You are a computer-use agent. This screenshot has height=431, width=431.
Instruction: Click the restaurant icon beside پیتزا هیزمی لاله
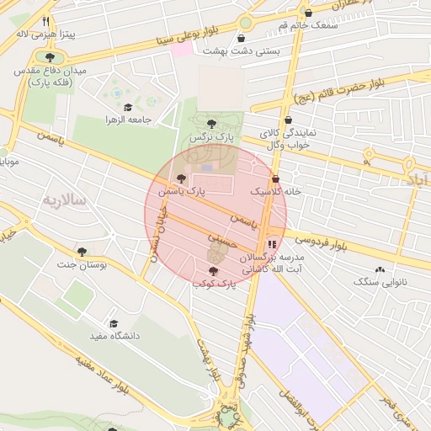point(45,23)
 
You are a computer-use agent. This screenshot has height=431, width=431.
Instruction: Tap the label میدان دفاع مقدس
point(56,72)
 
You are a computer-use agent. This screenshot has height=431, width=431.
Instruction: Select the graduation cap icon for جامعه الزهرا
point(127,107)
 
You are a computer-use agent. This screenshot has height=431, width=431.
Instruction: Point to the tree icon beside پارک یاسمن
point(180,178)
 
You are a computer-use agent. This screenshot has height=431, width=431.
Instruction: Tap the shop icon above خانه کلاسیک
point(276,178)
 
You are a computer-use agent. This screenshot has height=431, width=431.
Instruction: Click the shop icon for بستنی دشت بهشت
point(242,38)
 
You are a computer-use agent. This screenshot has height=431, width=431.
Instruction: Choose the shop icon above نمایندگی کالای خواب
point(289,120)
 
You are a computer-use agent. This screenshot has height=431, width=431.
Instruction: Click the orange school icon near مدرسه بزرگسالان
point(271,245)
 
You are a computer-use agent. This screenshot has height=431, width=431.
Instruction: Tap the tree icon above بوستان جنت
point(82,252)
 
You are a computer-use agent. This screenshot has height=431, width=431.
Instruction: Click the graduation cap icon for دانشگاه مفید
point(113,323)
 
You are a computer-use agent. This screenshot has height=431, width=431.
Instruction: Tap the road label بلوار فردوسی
point(321,242)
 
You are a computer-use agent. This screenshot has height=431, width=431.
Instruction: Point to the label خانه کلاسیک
point(275,192)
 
